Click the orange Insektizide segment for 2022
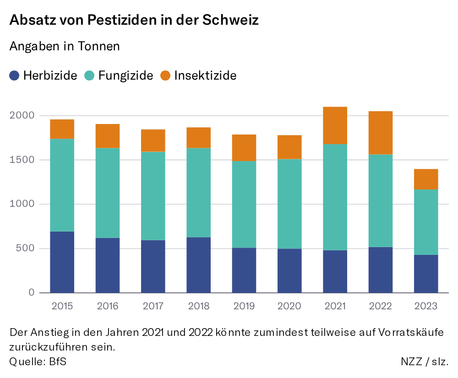(x=380, y=133)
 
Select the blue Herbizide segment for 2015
(x=62, y=262)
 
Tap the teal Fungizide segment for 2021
(x=335, y=197)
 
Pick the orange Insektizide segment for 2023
(x=426, y=179)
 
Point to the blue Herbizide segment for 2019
(x=244, y=270)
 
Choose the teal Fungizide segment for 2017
(x=153, y=196)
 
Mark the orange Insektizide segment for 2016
(x=108, y=136)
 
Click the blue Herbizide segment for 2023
(x=426, y=274)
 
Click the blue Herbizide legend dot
(x=15, y=76)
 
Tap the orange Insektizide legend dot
(x=165, y=76)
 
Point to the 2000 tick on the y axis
(x=22, y=116)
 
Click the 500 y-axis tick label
(x=24, y=248)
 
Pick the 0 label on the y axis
(x=31, y=293)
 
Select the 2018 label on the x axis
(x=198, y=306)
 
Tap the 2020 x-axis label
(x=289, y=306)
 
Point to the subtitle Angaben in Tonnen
(x=65, y=46)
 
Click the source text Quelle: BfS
(x=38, y=361)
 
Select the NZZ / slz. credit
(x=425, y=361)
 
